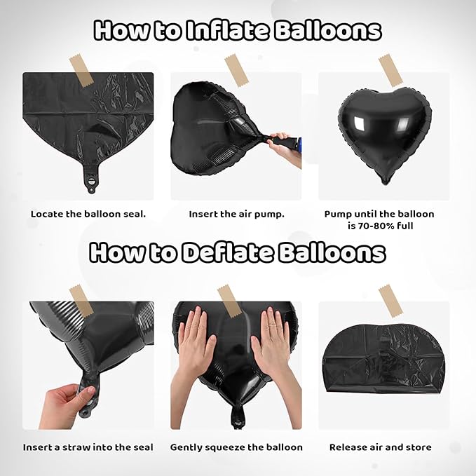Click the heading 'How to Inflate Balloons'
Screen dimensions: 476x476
pos(238,31)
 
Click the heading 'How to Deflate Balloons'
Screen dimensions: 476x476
pos(238,252)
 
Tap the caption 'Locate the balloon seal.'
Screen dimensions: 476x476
pos(88,214)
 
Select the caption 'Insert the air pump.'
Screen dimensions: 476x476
pos(236,214)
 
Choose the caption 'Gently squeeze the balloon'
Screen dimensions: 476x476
pos(236,447)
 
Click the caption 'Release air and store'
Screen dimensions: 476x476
pos(380,447)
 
